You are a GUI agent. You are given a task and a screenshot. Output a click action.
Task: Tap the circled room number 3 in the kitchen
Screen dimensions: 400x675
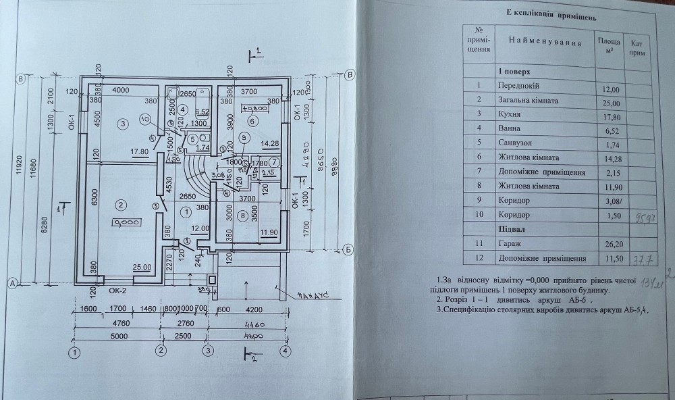[x=122, y=124]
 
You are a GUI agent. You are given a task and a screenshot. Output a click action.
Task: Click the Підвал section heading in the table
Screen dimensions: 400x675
[x=510, y=230]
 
